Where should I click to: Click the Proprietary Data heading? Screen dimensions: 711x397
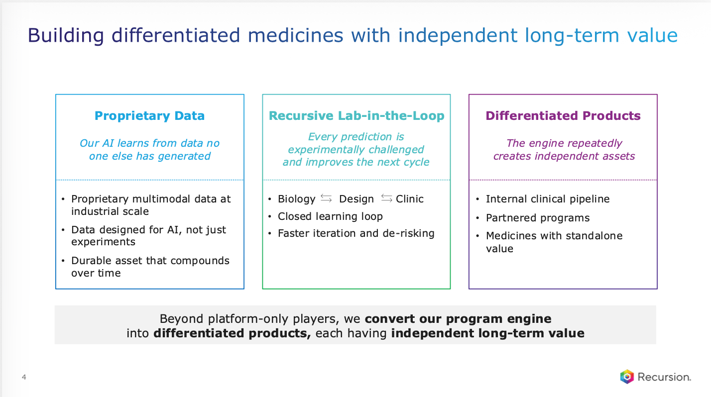pos(149,116)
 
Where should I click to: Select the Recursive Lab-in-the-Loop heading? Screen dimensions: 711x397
pos(356,116)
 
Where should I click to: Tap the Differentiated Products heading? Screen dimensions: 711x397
pos(563,116)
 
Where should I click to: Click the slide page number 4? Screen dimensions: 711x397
pos(24,377)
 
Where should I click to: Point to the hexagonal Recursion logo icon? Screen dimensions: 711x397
pos(627,377)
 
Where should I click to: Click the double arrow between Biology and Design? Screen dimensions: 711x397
pos(326,198)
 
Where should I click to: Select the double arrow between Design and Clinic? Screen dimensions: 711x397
pos(386,198)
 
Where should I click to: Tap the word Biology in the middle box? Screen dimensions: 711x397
pos(296,199)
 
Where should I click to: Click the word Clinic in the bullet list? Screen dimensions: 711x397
pos(409,199)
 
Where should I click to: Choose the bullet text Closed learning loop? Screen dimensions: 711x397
pos(330,216)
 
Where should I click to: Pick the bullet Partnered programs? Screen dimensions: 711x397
pos(538,218)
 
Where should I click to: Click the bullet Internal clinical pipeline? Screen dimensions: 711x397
pos(548,199)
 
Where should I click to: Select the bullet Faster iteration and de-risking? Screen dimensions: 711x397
pos(356,234)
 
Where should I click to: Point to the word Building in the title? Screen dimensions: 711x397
pos(66,35)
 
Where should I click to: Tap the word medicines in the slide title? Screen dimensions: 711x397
pos(295,35)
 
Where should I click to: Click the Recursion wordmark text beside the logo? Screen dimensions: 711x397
pos(664,377)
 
